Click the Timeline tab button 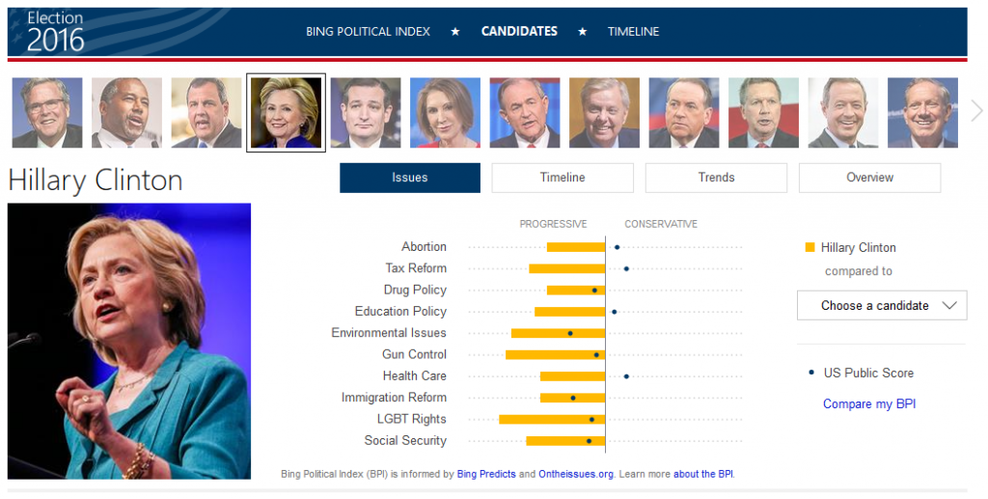pos(563,178)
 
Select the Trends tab pos(716,178)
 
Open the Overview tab pos(869,178)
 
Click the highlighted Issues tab pos(409,178)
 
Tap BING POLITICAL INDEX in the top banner pos(368,32)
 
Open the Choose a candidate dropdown pos(881,306)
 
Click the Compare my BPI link pos(868,404)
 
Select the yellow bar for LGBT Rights pos(551,419)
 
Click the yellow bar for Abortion pos(575,247)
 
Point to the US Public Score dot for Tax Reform pos(626,268)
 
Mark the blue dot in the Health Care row pos(626,376)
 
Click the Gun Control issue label pos(414,354)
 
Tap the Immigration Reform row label pos(394,398)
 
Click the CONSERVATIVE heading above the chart pos(660,224)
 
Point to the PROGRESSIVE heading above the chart pos(553,224)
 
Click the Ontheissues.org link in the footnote pos(577,475)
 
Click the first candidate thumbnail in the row pos(47,113)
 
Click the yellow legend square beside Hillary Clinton pos(810,248)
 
